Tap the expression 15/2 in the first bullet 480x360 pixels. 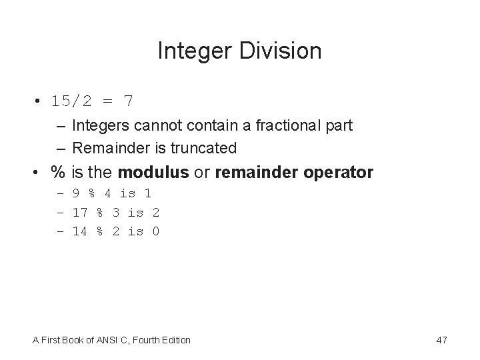tap(73, 101)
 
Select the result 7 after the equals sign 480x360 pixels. tap(128, 101)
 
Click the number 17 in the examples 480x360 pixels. tap(80, 213)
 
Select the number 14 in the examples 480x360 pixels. tap(80, 231)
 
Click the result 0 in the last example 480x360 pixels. tap(155, 231)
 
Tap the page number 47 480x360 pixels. tap(441, 340)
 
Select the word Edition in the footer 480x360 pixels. tap(175, 340)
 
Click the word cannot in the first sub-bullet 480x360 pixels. tap(146, 125)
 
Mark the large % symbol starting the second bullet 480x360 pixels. tap(58, 173)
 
